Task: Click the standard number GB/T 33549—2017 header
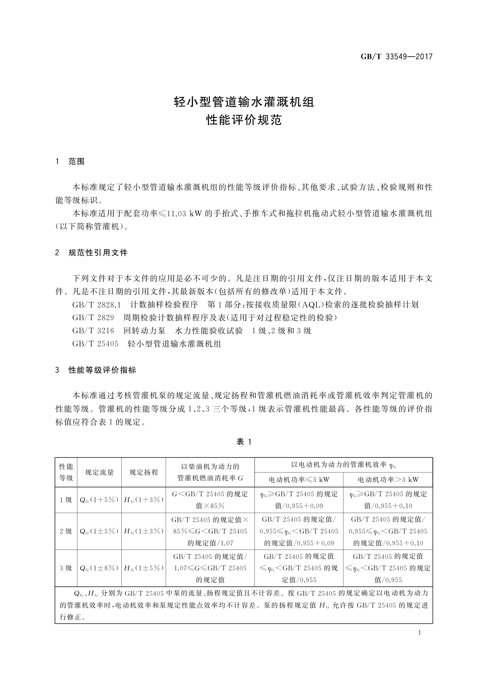396,57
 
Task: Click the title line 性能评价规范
244,120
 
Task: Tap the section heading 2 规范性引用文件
91,253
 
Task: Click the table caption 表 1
244,442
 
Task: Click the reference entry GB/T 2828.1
97,305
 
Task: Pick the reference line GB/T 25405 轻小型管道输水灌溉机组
147,344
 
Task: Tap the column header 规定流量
100,472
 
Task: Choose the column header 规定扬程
144,472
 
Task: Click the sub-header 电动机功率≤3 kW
299,479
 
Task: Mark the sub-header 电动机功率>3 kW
388,479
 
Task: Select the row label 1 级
66,500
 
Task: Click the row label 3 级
66,568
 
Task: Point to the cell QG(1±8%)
99,568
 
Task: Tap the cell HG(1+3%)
144,500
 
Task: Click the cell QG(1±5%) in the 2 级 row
99,531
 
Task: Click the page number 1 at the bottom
419,633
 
